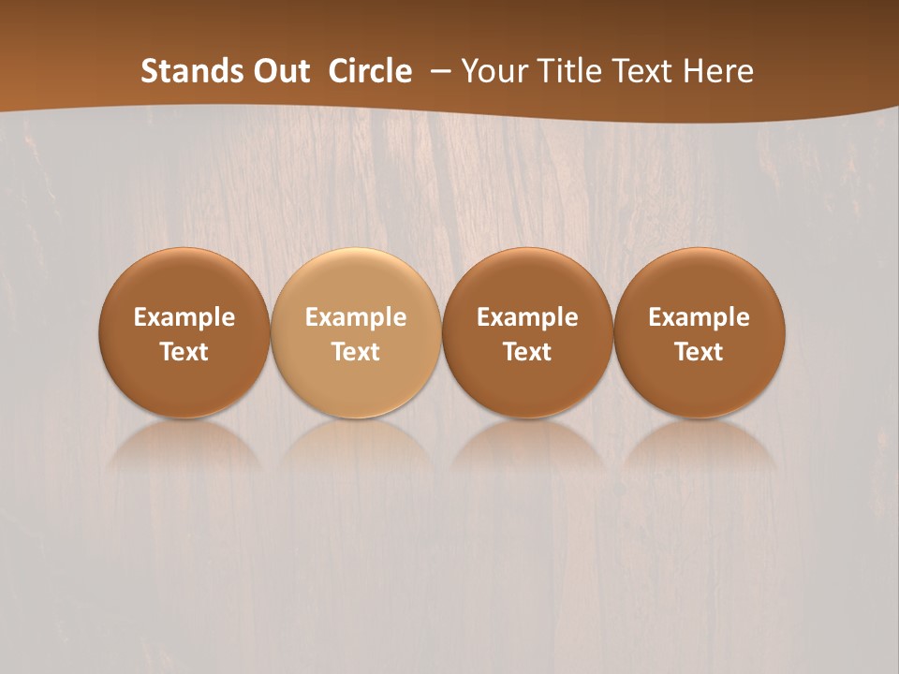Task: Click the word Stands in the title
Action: click(x=188, y=71)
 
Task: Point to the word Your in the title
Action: click(x=495, y=71)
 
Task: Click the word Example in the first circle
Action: click(x=184, y=317)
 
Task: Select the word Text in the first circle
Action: click(x=184, y=352)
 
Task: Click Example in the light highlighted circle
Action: click(x=356, y=317)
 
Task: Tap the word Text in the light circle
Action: click(x=356, y=352)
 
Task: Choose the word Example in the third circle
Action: click(x=527, y=317)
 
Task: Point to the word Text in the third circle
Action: click(x=527, y=352)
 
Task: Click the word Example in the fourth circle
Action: click(x=699, y=317)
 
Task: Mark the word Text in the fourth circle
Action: click(x=699, y=352)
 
